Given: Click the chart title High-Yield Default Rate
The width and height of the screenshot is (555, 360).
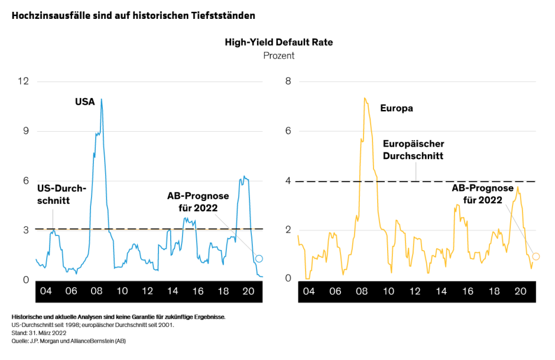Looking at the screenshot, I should (278, 43).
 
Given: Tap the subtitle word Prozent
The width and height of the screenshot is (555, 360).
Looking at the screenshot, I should (278, 56).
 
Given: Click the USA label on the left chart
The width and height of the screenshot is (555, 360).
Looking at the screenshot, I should (85, 102).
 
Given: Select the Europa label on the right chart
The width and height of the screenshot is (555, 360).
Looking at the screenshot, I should (396, 108).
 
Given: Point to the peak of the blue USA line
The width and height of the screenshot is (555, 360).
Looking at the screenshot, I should (101, 99).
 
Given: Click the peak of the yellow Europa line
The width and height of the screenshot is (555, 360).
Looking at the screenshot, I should (365, 98).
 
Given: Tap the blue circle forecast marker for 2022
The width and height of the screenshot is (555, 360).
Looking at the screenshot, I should (258, 258).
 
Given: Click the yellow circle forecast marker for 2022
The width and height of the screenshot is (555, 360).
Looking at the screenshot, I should (536, 256).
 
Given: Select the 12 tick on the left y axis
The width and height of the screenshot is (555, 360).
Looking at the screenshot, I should (23, 81).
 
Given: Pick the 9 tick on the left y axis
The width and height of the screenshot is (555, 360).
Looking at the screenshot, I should (25, 131).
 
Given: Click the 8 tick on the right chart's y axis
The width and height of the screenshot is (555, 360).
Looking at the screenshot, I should (288, 81).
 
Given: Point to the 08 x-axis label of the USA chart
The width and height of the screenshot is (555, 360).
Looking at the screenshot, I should (96, 291).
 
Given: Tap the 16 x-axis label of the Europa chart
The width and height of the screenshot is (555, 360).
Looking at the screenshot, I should (467, 291).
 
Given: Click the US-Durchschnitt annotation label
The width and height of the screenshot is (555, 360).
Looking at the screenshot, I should (61, 194).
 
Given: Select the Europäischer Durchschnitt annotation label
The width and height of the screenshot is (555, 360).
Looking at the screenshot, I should (413, 150).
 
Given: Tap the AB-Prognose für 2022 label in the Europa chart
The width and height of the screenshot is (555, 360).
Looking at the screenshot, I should (482, 194).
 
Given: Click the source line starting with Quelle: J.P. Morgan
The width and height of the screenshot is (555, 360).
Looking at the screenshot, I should (69, 341).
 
